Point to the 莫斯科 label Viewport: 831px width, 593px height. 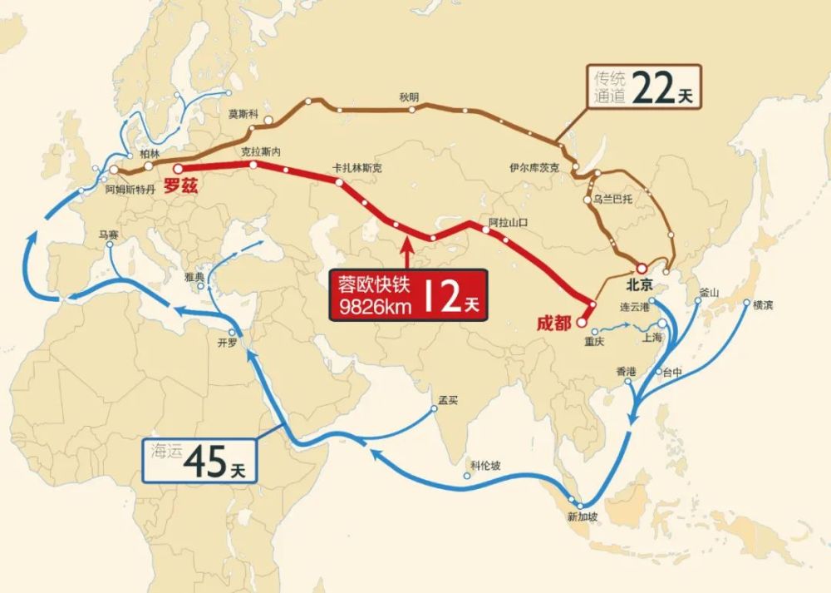[x=243, y=115]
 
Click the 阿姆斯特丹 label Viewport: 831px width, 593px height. [x=130, y=190]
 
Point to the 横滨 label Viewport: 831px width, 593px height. [x=762, y=305]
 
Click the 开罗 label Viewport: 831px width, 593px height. [x=227, y=342]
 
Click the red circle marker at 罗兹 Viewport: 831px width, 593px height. [x=177, y=168]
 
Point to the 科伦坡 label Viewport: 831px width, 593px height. [x=485, y=465]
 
